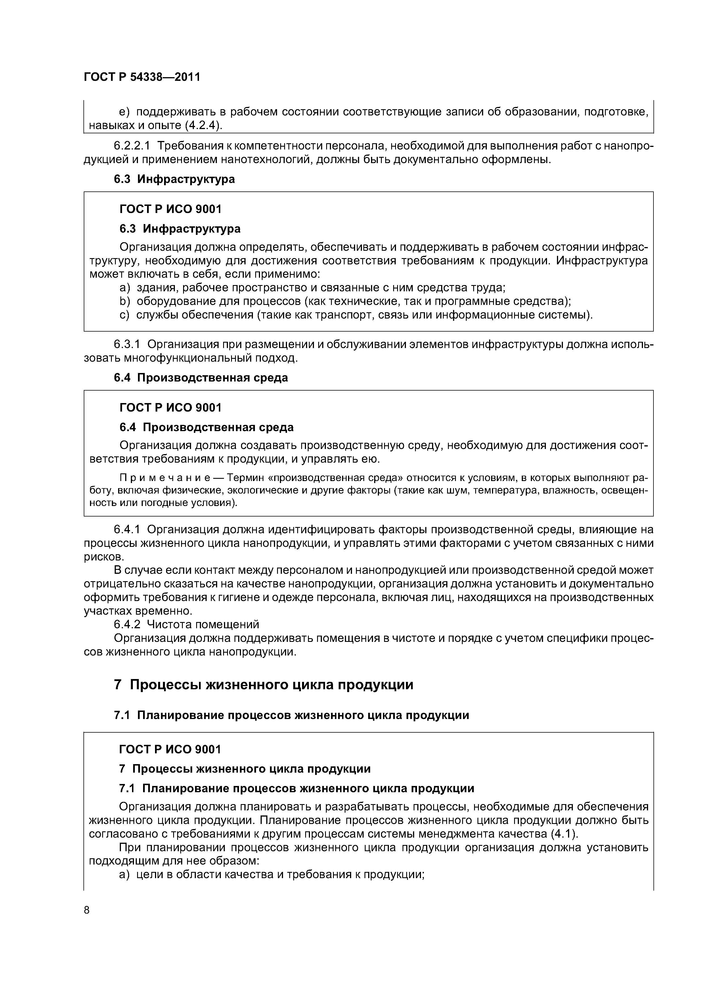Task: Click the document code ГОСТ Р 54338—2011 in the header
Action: pos(142,77)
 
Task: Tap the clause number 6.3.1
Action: pos(127,345)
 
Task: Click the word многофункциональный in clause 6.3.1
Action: pos(189,358)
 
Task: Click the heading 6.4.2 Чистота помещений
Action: pos(187,625)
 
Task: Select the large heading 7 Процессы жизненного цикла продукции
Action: pos(263,685)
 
